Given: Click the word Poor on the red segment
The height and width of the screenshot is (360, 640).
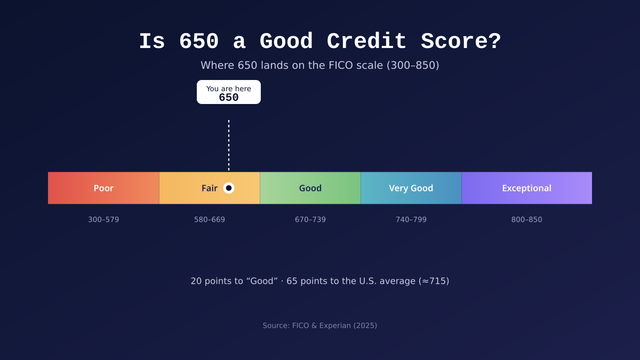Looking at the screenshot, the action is (103, 188).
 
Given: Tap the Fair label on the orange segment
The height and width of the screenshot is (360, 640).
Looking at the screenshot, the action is (210, 188).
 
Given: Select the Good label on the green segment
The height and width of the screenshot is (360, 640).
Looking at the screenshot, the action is (310, 188).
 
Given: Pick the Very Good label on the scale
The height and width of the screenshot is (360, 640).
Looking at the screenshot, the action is (411, 188).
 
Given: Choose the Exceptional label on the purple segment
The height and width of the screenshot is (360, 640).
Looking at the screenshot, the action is (526, 188).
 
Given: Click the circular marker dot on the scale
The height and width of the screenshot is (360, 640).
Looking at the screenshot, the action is (229, 188).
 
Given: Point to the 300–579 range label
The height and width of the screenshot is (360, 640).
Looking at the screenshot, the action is (103, 219).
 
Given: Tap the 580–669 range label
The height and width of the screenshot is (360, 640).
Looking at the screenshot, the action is (210, 219).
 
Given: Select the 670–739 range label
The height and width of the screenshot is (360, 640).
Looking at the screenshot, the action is (310, 219).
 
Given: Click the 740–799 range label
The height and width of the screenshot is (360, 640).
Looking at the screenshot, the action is (411, 219).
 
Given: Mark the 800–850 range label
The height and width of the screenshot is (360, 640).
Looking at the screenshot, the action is (526, 219).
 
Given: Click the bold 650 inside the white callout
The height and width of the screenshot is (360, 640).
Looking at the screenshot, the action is (229, 98).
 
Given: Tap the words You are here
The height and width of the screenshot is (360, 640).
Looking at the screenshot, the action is (229, 89).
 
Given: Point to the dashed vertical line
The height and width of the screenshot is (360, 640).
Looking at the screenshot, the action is (229, 146).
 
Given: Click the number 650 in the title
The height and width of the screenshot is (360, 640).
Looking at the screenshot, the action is (199, 42).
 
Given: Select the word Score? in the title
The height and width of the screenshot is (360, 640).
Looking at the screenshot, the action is (461, 42).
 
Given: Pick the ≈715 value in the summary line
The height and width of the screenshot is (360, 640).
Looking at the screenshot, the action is (434, 281).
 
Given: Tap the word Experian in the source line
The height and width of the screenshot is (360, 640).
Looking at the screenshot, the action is (335, 325).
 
